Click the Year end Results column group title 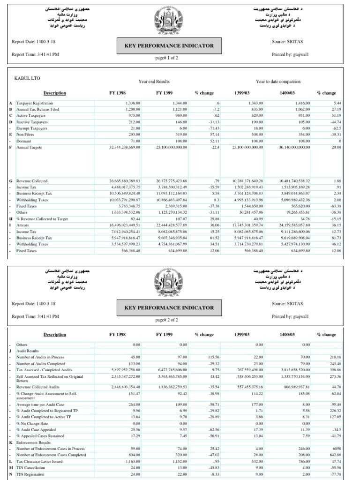point(154,81)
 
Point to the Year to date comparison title point(278,81)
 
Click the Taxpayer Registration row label point(35,103)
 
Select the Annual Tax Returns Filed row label point(37,109)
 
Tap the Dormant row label point(23,141)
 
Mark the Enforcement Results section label point(34,442)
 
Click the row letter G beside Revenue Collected point(10,180)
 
